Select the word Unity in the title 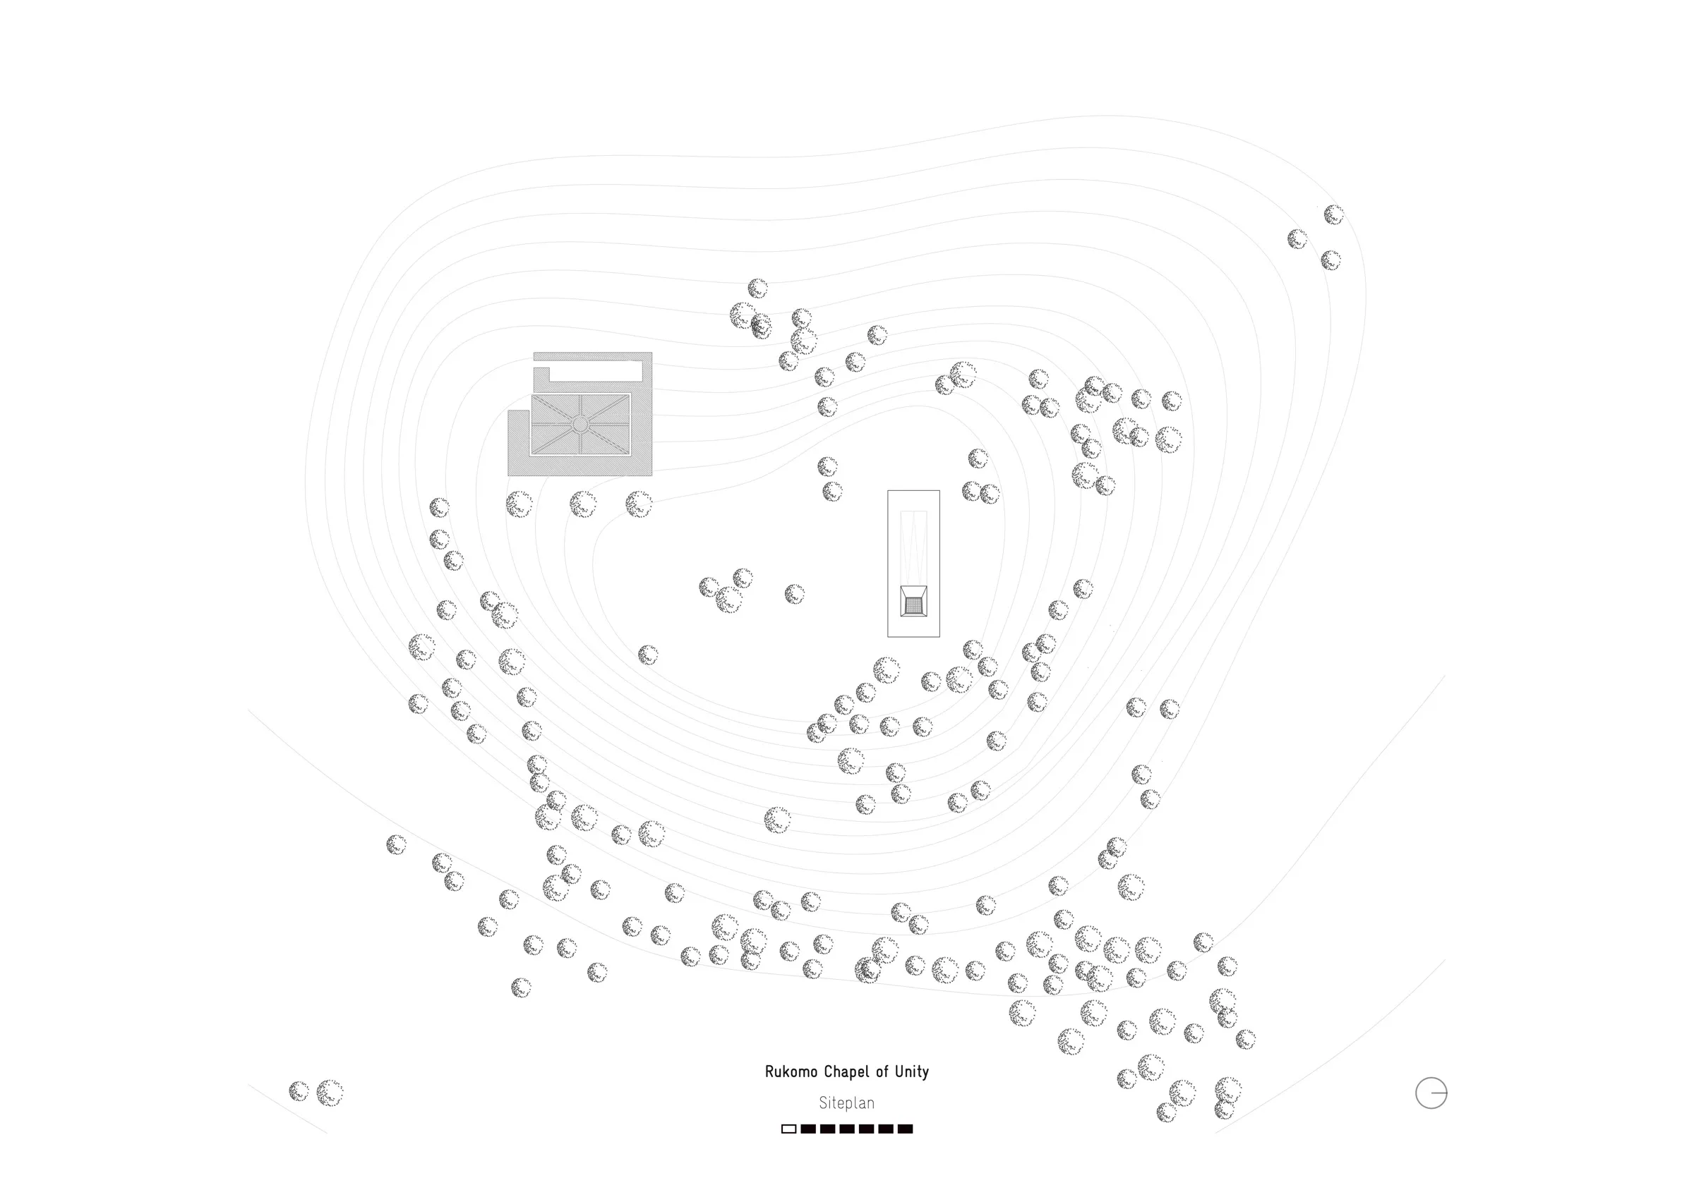point(912,1072)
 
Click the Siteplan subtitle point(847,1103)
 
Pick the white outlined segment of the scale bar point(788,1129)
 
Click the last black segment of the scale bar point(906,1129)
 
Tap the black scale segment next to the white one point(809,1129)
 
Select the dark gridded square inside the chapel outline point(913,605)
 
